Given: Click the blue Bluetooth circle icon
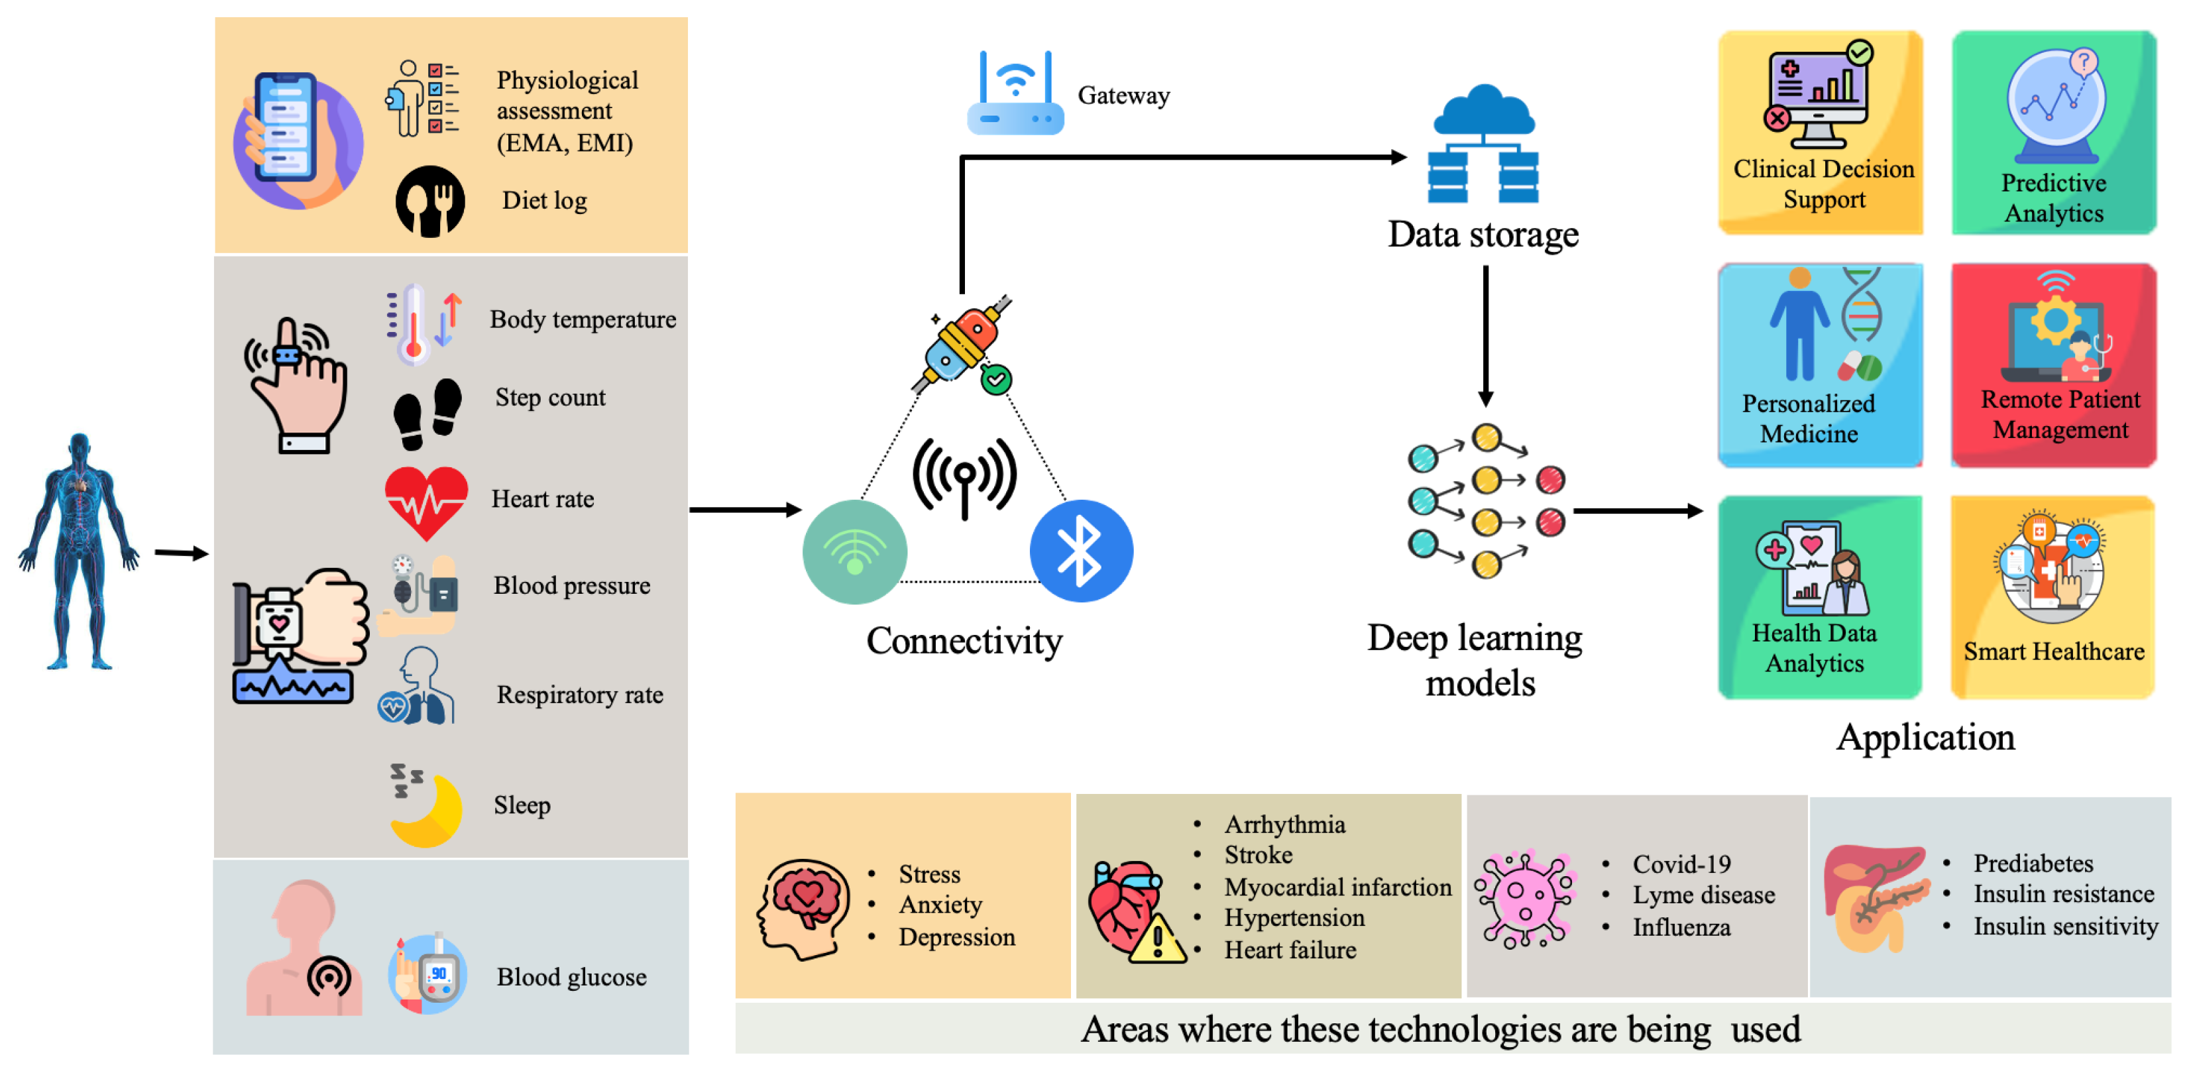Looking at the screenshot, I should tap(1080, 551).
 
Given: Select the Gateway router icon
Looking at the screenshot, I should tap(1015, 95).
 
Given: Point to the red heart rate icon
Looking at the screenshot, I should tap(425, 502).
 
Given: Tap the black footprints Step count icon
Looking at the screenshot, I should tap(427, 413).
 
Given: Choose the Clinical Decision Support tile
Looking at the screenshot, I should tap(1820, 133).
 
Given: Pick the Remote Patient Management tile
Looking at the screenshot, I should tap(2052, 365).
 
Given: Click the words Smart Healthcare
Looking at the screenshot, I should tap(2052, 651).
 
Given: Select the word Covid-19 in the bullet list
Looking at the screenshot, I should tap(1681, 864).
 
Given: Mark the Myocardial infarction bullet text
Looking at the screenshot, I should tap(1337, 887).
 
